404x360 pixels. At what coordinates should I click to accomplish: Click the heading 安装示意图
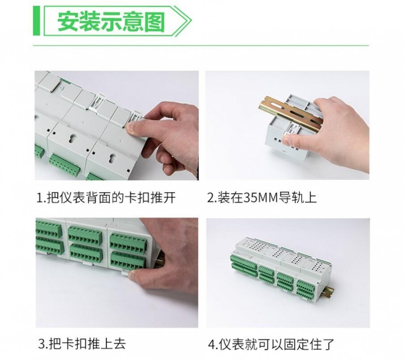pyautogui.click(x=111, y=21)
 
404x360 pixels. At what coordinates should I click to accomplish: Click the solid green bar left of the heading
pyautogui.click(x=36, y=21)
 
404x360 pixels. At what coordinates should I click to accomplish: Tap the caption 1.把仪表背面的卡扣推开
pyautogui.click(x=106, y=198)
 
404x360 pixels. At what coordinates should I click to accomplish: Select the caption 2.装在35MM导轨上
pyautogui.click(x=262, y=198)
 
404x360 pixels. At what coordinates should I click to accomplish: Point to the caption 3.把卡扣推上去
pyautogui.click(x=82, y=344)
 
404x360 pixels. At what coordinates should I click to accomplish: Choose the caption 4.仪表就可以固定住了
pyautogui.click(x=271, y=344)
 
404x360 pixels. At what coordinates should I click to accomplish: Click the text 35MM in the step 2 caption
pyautogui.click(x=261, y=198)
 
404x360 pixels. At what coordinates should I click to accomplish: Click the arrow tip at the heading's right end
pyautogui.click(x=191, y=20)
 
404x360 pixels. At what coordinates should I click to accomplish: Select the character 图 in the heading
pyautogui.click(x=154, y=21)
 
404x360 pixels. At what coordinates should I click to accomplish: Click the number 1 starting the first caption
pyautogui.click(x=40, y=198)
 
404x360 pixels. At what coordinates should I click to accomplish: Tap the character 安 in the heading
pyautogui.click(x=67, y=21)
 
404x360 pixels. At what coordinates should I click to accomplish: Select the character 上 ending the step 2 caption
pyautogui.click(x=311, y=198)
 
